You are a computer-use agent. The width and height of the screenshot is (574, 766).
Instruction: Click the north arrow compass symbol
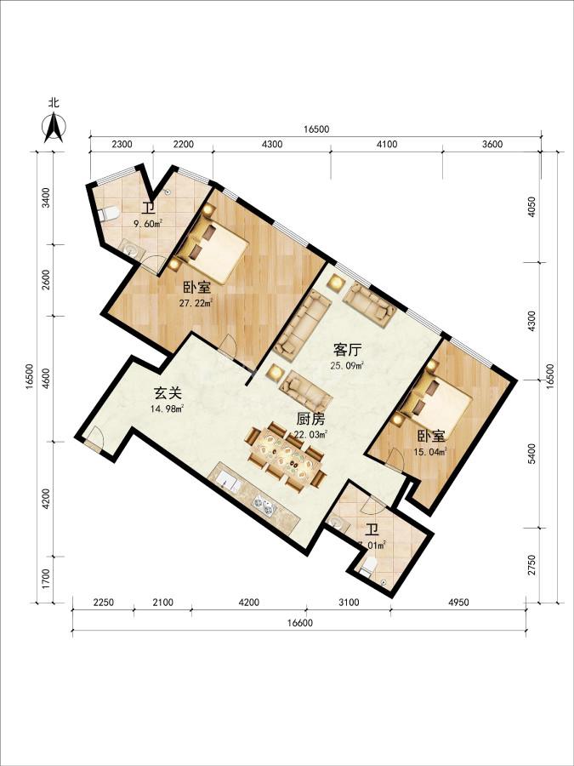[54, 127]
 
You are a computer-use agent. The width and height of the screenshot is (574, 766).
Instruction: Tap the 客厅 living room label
[347, 351]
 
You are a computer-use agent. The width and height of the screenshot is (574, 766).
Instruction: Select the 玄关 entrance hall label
[168, 393]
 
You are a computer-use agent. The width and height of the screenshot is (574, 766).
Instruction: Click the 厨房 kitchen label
[311, 419]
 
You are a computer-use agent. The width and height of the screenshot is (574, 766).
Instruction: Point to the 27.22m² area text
[196, 303]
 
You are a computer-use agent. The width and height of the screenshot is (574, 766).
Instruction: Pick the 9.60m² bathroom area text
[149, 224]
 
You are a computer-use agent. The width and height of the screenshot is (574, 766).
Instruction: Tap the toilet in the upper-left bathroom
[109, 214]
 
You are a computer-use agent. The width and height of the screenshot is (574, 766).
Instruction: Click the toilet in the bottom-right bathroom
[369, 566]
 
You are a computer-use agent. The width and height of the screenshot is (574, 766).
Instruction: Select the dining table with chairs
[287, 457]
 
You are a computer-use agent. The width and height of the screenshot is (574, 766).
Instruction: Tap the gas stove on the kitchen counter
[262, 504]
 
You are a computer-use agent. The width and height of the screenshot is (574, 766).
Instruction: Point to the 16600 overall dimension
[299, 623]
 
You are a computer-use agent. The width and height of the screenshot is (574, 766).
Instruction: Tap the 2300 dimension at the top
[122, 144]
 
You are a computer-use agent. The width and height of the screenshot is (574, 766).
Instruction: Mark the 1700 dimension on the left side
[45, 580]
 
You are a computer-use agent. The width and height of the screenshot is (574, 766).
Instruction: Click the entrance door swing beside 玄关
[94, 437]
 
